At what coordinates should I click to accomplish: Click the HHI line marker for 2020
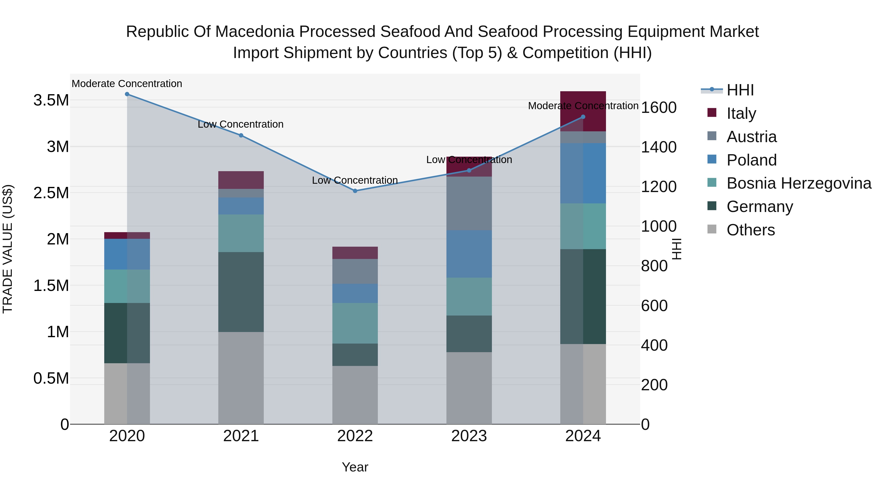click(127, 94)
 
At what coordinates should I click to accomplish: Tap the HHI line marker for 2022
click(355, 191)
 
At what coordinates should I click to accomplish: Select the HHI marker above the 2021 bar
click(241, 136)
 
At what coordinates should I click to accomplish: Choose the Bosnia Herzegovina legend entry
click(799, 183)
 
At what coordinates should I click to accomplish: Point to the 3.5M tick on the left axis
click(51, 100)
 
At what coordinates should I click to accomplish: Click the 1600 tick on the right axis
click(659, 107)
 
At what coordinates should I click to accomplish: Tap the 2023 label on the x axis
click(469, 436)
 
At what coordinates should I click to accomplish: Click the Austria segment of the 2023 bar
click(469, 203)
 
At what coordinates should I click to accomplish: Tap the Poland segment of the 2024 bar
click(583, 173)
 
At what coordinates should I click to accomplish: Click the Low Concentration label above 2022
click(355, 181)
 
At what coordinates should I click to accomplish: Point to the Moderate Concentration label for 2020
click(127, 84)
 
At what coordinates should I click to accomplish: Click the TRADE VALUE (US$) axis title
click(8, 249)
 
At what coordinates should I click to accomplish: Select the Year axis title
click(355, 467)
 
